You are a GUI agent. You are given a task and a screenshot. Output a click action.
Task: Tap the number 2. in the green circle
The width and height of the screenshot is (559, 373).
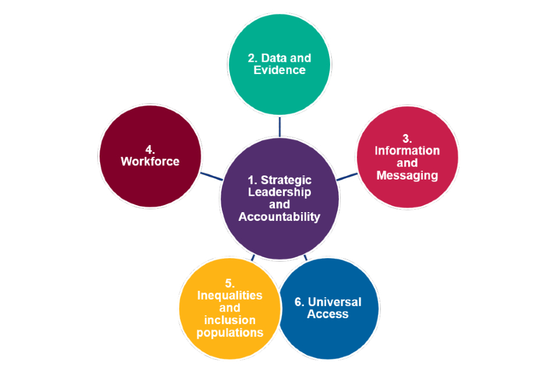tap(252, 58)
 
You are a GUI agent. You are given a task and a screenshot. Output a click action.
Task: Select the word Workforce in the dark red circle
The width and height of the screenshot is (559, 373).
tap(150, 161)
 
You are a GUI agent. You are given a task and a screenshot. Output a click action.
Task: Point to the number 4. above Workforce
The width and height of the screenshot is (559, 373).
tap(150, 150)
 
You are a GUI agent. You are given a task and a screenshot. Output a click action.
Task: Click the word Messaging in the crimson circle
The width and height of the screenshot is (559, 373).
tap(407, 175)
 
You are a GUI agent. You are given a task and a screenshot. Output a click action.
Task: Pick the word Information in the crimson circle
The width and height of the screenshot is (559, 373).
tap(407, 150)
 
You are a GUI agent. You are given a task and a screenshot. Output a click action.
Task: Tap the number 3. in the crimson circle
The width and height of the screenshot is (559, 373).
tap(407, 139)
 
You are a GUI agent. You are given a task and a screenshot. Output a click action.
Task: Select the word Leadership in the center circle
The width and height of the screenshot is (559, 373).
tap(279, 192)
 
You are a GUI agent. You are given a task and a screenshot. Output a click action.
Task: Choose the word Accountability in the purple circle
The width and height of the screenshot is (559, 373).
tap(279, 217)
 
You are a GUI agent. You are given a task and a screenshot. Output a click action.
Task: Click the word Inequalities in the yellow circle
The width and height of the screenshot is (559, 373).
tap(229, 295)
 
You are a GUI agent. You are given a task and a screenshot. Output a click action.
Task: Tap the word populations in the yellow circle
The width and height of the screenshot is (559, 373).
tap(229, 333)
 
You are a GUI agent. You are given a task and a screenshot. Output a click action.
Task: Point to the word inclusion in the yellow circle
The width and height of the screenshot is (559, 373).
tap(229, 321)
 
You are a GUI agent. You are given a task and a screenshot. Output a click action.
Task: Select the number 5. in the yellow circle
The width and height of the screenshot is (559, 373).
tap(229, 284)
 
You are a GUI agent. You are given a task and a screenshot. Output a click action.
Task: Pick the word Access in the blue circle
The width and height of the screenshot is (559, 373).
tap(328, 314)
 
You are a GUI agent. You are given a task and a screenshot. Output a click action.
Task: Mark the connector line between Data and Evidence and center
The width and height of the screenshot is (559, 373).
tap(279, 126)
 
